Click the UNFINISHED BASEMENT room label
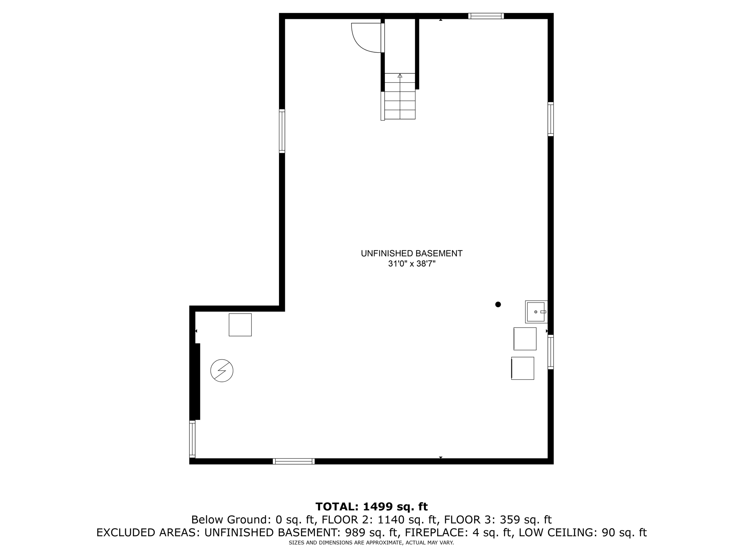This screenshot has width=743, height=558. point(411,254)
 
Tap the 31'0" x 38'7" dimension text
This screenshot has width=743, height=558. point(411,264)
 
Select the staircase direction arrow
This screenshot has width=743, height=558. point(400,76)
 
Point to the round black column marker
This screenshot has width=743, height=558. point(498,304)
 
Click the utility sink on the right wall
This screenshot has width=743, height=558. point(536,312)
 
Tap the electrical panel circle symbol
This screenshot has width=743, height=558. point(222,371)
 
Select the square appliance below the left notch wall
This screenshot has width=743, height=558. point(240,325)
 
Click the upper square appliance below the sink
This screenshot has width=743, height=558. point(525,339)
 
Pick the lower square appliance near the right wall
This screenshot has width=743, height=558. point(522,368)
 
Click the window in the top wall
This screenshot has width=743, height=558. point(486,16)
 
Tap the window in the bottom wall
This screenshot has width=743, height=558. point(293,461)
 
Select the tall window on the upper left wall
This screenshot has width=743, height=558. point(282,131)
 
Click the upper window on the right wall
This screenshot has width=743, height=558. point(550,119)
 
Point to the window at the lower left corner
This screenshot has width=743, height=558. point(192,439)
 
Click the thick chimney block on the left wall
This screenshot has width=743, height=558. point(197,381)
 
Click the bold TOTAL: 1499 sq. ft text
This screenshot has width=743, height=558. point(371,506)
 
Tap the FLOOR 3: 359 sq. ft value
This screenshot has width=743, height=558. point(498,519)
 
